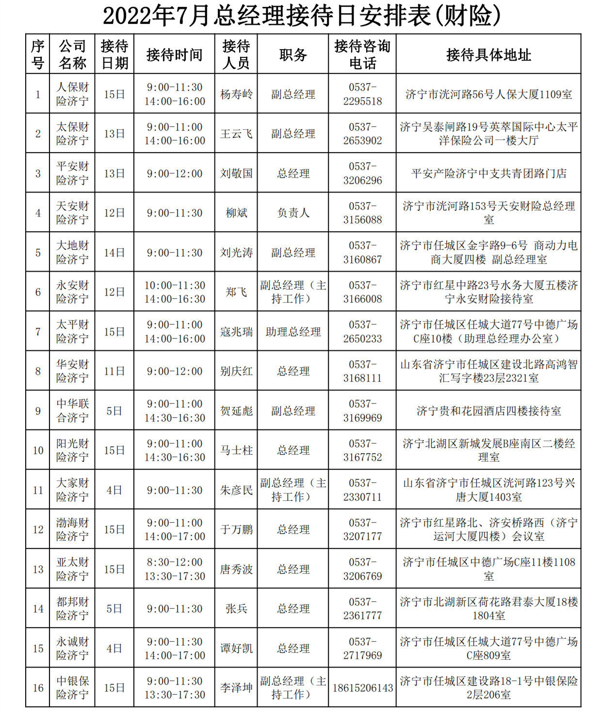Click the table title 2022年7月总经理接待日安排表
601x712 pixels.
tap(301, 16)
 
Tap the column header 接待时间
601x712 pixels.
tap(174, 54)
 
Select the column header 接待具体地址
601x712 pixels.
tap(488, 54)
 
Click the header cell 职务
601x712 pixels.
tap(293, 54)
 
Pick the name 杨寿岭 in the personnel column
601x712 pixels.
tap(236, 94)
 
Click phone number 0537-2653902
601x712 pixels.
tap(362, 134)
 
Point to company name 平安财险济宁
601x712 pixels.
tap(72, 173)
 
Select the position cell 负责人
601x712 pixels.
tap(293, 213)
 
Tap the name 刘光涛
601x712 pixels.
tap(236, 253)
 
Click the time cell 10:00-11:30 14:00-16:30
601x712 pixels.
tap(174, 292)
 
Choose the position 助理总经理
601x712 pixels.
tap(293, 332)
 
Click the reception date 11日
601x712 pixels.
tap(114, 371)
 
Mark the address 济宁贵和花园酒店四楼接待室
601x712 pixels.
tap(488, 411)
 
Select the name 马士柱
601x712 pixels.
tap(236, 450)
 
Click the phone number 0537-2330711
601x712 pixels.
tap(362, 490)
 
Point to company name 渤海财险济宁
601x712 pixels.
tap(72, 529)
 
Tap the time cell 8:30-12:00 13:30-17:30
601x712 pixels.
tap(174, 569)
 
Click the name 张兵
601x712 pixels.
tap(236, 609)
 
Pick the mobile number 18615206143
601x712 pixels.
tap(362, 688)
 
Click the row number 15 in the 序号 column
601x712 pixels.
tap(38, 648)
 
